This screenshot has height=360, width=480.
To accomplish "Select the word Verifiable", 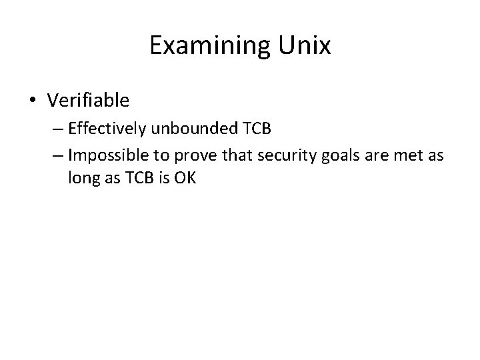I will point(88,100).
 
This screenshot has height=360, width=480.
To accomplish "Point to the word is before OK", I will point(162,178).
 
